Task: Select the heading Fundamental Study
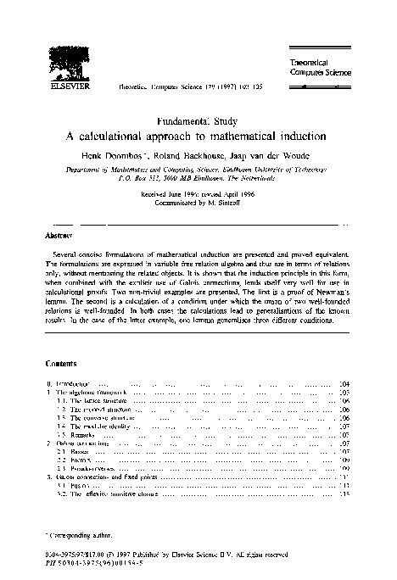click(198, 121)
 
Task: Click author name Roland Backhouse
click(200, 156)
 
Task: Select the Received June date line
click(198, 192)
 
